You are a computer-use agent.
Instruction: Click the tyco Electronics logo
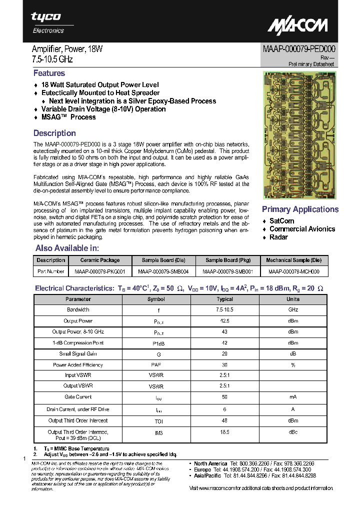[x=47, y=22]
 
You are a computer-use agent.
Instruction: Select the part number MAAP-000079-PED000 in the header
[x=299, y=49]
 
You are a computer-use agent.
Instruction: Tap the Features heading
[x=49, y=73]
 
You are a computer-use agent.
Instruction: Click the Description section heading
[x=54, y=133]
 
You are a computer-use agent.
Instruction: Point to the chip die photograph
[x=300, y=135]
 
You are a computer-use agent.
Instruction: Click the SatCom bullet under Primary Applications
[x=281, y=221]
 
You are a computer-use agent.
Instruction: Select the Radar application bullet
[x=278, y=237]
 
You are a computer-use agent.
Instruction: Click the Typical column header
[x=224, y=299]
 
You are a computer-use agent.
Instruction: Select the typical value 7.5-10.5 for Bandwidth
[x=224, y=310]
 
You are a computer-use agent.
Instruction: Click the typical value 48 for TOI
[x=224, y=420]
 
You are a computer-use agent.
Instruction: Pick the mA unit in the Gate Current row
[x=292, y=397]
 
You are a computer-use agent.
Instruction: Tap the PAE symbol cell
[x=156, y=365]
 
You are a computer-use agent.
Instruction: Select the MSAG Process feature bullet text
[x=68, y=117]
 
